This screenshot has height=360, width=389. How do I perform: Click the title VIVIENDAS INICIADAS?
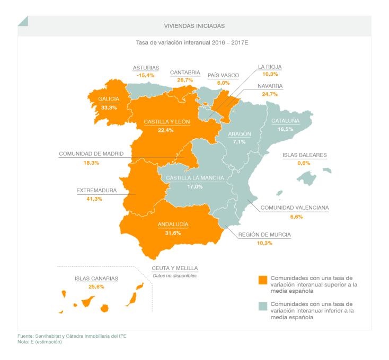[194, 25]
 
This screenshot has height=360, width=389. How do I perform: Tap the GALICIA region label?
[108, 98]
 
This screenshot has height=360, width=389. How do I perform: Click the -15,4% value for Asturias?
[145, 76]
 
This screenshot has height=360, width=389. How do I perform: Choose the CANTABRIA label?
[185, 72]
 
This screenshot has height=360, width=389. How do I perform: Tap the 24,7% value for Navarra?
[270, 94]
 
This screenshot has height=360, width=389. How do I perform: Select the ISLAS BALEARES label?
[304, 155]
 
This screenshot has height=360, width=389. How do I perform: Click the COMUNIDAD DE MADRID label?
[91, 154]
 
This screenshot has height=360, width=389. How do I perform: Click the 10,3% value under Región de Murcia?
[264, 242]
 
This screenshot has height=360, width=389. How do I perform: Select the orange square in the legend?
[262, 281]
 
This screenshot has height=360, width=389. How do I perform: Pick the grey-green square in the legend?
[262, 308]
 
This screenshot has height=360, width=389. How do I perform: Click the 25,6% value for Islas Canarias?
[96, 286]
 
